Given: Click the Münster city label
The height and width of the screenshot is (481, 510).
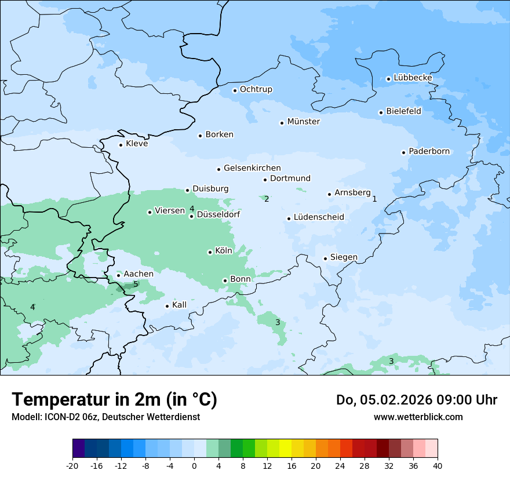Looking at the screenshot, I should point(303,122).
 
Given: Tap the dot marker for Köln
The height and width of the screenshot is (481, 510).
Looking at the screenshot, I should point(210,252).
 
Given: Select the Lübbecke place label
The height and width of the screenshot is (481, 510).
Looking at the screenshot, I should point(413,78).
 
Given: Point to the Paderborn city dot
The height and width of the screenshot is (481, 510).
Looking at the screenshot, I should point(403,152).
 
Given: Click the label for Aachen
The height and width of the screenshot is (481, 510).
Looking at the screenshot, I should point(139,274).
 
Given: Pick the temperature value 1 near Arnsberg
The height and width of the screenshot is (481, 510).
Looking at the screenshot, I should point(374,199).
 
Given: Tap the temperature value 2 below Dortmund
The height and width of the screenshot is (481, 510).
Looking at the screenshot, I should point(267,199).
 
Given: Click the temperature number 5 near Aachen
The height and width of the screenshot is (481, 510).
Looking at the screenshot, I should point(136,284).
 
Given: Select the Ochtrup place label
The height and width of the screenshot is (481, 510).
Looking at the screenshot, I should point(256,89).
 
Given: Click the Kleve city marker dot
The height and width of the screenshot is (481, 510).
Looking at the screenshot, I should point(121,145).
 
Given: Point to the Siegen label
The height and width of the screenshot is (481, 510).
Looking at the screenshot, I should point(344,257).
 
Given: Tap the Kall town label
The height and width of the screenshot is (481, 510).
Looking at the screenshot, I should point(179,305).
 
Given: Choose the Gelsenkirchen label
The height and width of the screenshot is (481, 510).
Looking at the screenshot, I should point(252,168).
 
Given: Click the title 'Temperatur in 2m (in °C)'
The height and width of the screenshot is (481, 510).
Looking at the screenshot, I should point(114,399).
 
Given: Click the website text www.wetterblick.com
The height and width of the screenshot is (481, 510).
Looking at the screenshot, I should point(418,417).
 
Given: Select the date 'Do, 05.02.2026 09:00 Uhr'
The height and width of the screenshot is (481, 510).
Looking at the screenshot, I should point(416,400).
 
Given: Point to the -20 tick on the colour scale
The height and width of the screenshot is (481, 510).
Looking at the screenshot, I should point(72,466).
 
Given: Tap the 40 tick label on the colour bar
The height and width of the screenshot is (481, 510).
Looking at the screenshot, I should point(438,466).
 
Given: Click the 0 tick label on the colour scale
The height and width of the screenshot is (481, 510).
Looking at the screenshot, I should point(194,466).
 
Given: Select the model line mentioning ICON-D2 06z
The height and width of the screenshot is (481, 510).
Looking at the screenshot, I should point(105,417).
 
